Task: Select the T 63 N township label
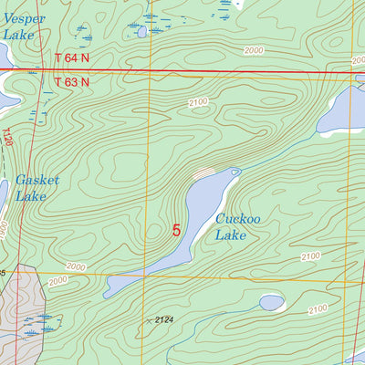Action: (72, 81)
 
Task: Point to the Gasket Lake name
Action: (37, 188)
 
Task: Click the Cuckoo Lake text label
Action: (232, 226)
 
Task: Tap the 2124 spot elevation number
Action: (164, 318)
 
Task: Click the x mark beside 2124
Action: (150, 319)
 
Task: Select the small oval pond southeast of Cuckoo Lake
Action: (272, 302)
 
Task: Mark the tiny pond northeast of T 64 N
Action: (141, 31)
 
